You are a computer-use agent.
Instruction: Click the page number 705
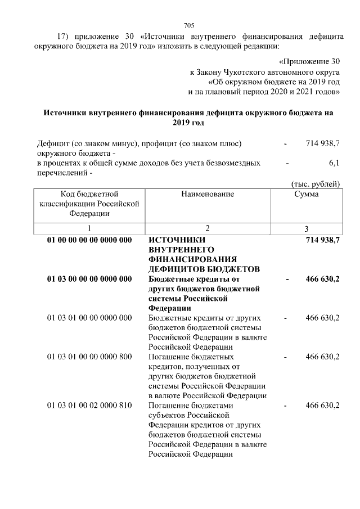pyautogui.click(x=189, y=25)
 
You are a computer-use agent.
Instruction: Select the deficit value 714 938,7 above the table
pyautogui.click(x=322, y=144)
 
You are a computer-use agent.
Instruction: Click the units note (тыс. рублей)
pyautogui.click(x=315, y=183)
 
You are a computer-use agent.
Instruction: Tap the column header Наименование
pyautogui.click(x=208, y=194)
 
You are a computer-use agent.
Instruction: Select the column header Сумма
pyautogui.click(x=307, y=194)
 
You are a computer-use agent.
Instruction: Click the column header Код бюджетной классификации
pyautogui.click(x=89, y=204)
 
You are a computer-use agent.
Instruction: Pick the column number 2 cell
pyautogui.click(x=208, y=228)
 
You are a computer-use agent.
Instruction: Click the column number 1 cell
pyautogui.click(x=89, y=228)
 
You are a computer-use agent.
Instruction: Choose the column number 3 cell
pyautogui.click(x=307, y=229)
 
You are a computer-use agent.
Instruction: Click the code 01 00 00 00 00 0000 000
pyautogui.click(x=89, y=240)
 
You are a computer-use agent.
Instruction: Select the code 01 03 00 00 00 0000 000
pyautogui.click(x=89, y=279)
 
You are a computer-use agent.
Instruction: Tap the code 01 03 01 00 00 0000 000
pyautogui.click(x=89, y=318)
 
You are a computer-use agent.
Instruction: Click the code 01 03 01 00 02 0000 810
pyautogui.click(x=89, y=405)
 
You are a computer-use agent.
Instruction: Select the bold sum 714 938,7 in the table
pyautogui.click(x=322, y=240)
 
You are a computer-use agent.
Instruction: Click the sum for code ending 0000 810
pyautogui.click(x=322, y=405)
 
